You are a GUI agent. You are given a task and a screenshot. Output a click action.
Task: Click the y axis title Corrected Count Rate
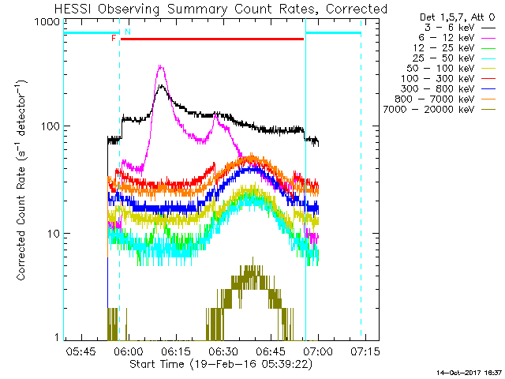pos(23,182)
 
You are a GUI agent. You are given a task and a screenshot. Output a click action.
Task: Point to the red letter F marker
pos(114,38)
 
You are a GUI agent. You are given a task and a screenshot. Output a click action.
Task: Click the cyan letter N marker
pos(127,32)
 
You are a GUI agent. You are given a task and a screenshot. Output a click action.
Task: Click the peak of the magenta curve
pos(161,68)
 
